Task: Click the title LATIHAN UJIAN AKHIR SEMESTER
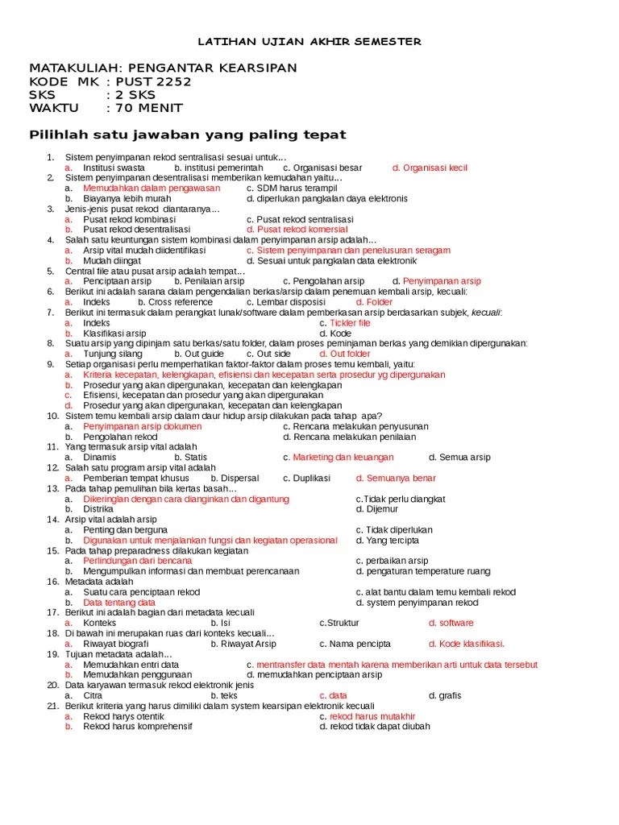click(309, 42)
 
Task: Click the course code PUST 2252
click(150, 81)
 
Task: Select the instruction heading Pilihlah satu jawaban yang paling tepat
click(188, 134)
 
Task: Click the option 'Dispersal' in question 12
click(235, 478)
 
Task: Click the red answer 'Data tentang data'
click(119, 603)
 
